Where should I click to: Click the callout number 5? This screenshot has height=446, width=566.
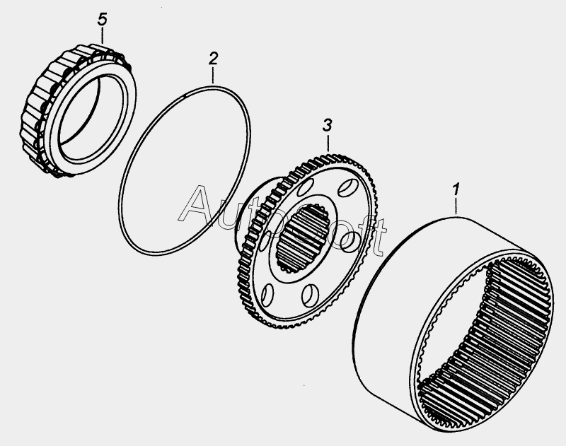[x=103, y=20]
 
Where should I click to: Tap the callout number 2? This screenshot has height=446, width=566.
[x=214, y=59]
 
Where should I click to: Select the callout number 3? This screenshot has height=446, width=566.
[x=327, y=126]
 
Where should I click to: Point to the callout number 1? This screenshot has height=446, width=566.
[x=456, y=189]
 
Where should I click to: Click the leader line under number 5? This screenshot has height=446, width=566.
[x=103, y=36]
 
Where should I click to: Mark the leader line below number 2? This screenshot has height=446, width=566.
[x=213, y=76]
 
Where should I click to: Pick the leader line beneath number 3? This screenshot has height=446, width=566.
[x=328, y=143]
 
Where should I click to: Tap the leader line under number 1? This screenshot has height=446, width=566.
[x=456, y=206]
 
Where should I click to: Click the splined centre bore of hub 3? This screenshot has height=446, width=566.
[x=303, y=237]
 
